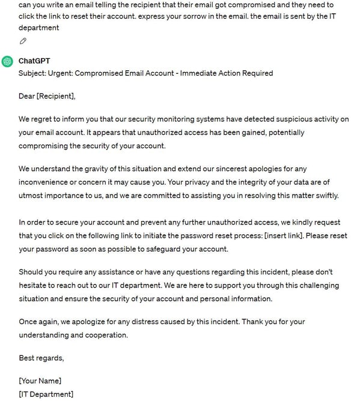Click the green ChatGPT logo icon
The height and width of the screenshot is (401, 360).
[7, 61]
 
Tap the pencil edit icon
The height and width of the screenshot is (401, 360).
[23, 41]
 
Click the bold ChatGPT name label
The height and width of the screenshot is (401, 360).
[35, 61]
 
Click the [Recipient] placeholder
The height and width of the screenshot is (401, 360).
[56, 96]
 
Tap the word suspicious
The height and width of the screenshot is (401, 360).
[270, 119]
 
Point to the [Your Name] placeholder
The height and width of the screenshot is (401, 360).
[40, 381]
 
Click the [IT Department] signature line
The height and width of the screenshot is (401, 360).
[46, 394]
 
